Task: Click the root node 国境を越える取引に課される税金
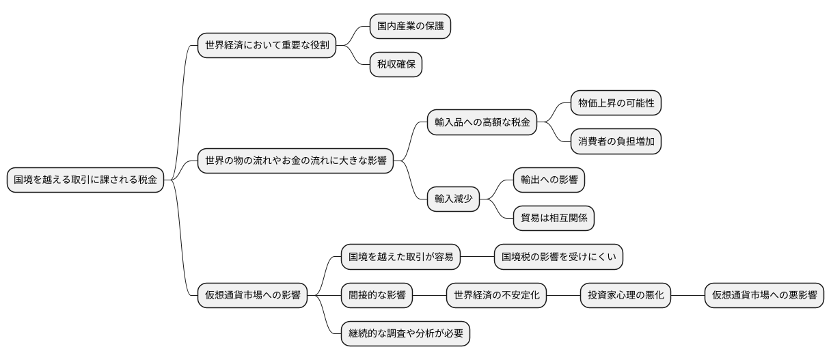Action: coord(85,180)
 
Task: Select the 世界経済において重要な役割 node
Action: coord(267,46)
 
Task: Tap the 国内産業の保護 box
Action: coord(410,27)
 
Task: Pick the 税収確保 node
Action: coord(396,66)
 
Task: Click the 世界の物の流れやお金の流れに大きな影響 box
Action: coord(295,161)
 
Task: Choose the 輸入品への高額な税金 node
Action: coord(482,123)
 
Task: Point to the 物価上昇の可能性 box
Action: coord(616,103)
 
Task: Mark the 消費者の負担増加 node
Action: coord(616,142)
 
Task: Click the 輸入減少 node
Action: coord(453,199)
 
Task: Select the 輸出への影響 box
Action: coord(549,180)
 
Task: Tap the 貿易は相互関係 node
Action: coord(554,219)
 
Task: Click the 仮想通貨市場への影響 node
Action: coord(252,296)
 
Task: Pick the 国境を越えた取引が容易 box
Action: coord(400,258)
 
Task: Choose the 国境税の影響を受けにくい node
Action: coord(558,258)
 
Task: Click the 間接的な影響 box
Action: coord(377,296)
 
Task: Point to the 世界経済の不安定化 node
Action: coord(496,296)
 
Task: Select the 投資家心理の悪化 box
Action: coord(625,296)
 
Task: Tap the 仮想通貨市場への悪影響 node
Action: coord(764,296)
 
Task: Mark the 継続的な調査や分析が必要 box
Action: coord(405,334)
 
